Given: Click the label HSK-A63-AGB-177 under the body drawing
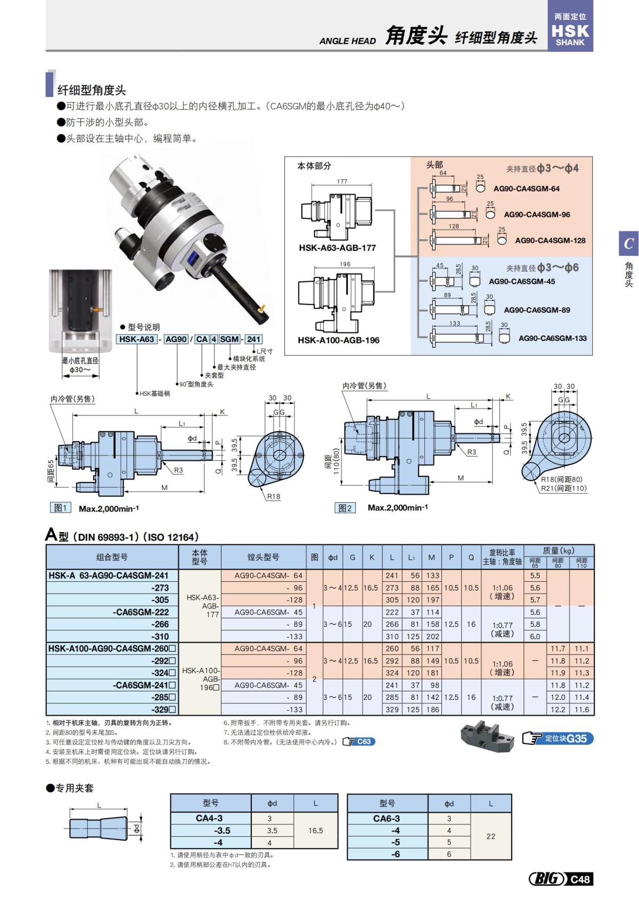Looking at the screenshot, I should click(337, 248).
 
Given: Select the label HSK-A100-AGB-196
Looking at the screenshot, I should click(338, 340).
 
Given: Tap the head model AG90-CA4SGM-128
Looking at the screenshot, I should click(550, 240).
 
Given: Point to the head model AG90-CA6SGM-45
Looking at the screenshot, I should click(521, 281).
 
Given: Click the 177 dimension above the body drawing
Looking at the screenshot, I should click(342, 182).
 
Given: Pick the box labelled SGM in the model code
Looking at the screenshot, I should click(229, 339).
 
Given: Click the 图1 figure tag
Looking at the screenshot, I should click(60, 508).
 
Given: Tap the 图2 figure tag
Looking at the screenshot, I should click(345, 508).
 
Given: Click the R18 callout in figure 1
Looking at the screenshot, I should click(273, 496).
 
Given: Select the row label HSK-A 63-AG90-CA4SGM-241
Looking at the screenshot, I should click(109, 575).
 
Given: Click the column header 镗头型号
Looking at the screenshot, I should click(263, 557).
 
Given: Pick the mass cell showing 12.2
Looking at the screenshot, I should click(558, 710).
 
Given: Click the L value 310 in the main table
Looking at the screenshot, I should click(392, 637).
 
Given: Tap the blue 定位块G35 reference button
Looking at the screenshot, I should click(558, 738).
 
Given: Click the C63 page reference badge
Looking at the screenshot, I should click(359, 742).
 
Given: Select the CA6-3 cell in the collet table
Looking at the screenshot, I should click(386, 818).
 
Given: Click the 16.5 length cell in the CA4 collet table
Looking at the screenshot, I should click(315, 830).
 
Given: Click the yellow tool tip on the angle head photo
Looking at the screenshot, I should click(261, 307).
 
